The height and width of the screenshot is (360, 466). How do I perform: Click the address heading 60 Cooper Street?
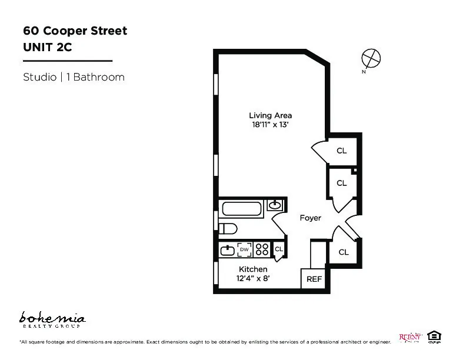[75, 31]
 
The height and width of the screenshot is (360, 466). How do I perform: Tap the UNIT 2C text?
[47, 48]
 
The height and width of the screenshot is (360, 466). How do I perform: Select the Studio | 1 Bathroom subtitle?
[74, 77]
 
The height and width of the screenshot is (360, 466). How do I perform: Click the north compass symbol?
[371, 58]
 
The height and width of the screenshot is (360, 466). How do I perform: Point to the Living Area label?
[270, 115]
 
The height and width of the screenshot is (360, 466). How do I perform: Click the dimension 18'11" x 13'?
[270, 125]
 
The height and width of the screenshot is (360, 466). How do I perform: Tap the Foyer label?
[310, 218]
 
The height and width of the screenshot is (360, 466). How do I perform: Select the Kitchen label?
[253, 269]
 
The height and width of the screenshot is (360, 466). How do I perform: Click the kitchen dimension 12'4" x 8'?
[253, 279]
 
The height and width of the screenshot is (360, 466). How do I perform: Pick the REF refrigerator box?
[314, 279]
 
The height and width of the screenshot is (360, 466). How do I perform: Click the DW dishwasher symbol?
[244, 250]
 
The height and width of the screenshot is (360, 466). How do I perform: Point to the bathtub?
[242, 208]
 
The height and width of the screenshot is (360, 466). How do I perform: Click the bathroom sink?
[275, 205]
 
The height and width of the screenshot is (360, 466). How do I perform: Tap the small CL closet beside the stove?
[279, 249]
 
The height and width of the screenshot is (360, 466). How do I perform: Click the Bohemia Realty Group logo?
[53, 320]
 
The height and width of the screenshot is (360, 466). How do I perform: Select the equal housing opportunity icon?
[434, 336]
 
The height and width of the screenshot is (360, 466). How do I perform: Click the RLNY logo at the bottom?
[410, 337]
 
